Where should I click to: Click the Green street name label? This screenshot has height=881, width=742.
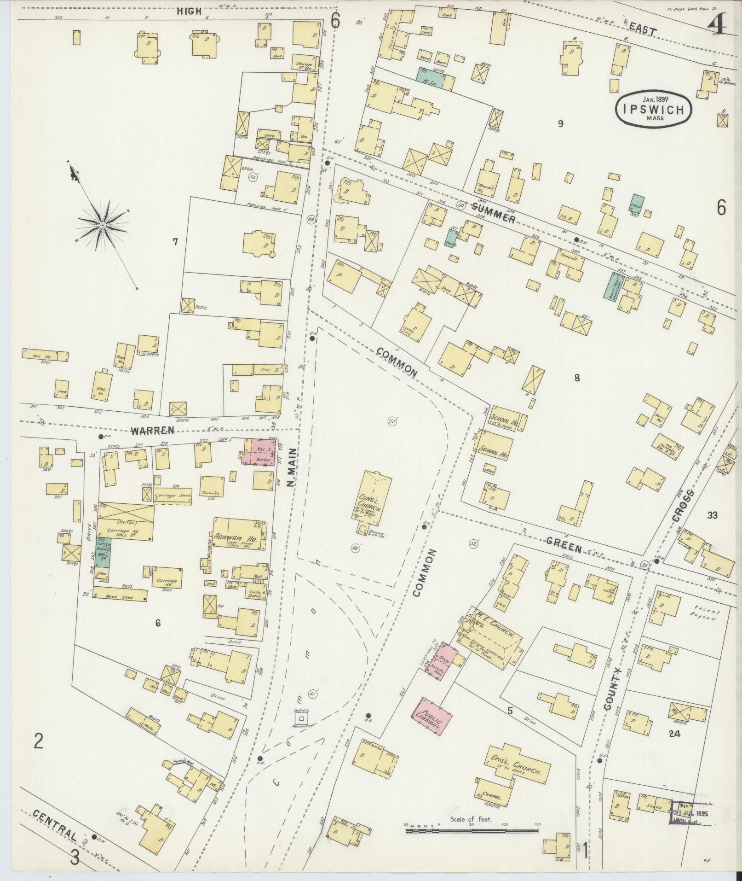point(564,546)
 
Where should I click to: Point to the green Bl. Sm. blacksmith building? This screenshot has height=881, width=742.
point(431,78)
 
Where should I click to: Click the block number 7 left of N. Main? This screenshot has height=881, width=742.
point(175,241)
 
